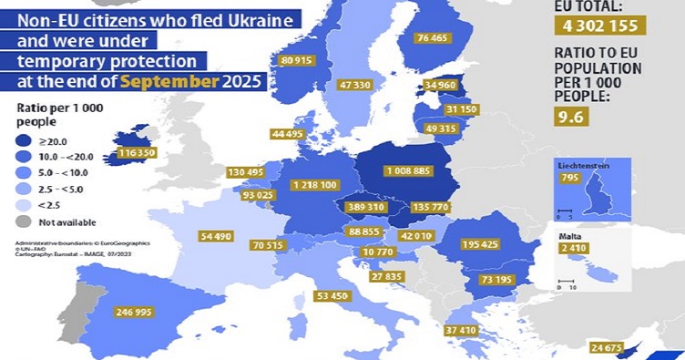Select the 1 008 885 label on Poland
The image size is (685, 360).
391,170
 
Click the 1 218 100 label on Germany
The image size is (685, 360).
315,185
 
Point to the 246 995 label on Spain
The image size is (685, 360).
139,312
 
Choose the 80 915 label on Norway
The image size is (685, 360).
299,60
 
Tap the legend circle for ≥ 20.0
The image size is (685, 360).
21,142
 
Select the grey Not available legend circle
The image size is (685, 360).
21,221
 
